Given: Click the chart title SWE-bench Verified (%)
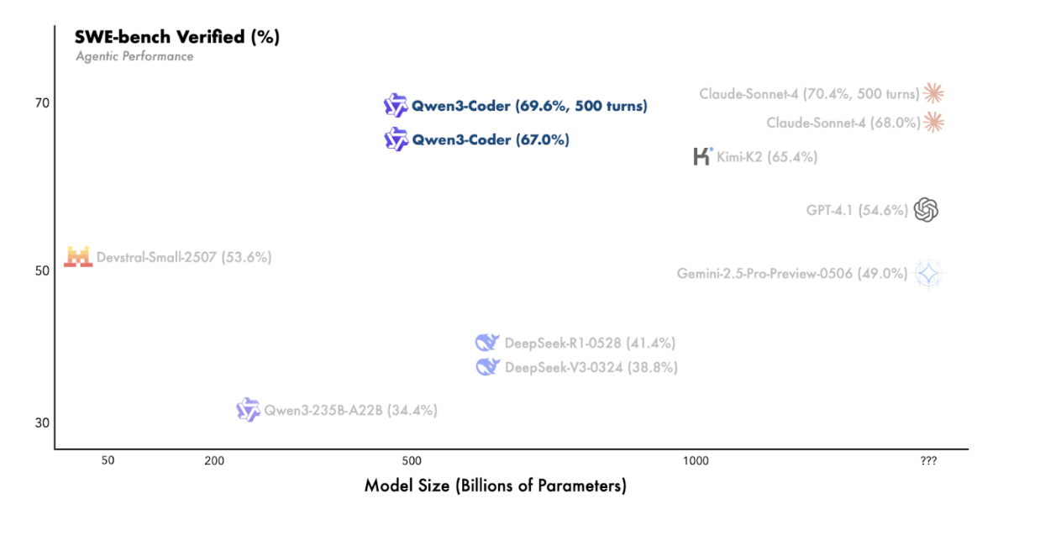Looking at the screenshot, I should coord(176,37).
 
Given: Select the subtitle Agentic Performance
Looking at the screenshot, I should coord(134,56).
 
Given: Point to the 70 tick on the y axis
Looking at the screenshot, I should coord(43,102).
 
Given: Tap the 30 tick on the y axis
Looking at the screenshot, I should coord(43,423).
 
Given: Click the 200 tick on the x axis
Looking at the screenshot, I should coord(214,460).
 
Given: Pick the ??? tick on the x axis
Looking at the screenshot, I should coord(928,460).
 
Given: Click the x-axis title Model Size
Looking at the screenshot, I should coord(495,486).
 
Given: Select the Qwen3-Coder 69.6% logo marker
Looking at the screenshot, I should coord(396,106).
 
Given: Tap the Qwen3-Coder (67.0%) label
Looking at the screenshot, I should coord(490,140).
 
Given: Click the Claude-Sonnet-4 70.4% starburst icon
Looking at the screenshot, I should coord(934,93).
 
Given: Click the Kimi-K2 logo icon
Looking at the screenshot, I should coord(702,156).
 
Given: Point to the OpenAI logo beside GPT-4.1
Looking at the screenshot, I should coord(926,209).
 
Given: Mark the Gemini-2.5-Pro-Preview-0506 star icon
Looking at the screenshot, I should coord(928,273).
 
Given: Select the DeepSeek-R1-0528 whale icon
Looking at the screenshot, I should coord(487,342).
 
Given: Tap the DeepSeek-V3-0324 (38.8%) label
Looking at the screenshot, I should coord(591,367).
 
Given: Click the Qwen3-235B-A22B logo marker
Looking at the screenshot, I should coord(248,410).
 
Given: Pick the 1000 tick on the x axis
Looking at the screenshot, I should coord(696,460).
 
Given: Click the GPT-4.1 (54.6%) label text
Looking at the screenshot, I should coord(857,210).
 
